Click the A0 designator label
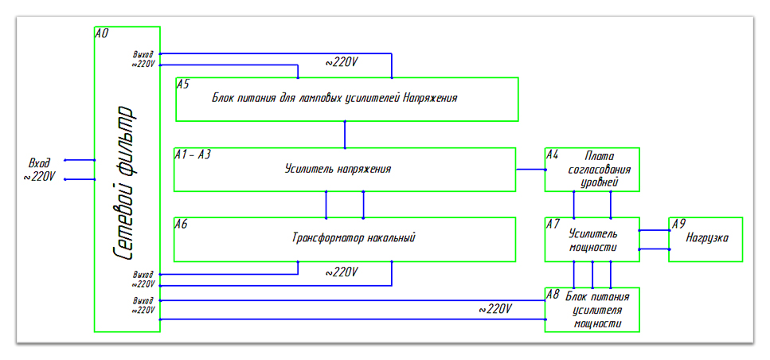click(101, 33)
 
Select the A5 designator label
click(183, 84)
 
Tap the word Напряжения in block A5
click(430, 98)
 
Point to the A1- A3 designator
click(193, 155)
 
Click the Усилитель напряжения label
click(338, 169)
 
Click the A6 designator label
click(182, 225)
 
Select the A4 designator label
click(552, 155)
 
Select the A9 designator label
click(678, 225)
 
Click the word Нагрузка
click(708, 237)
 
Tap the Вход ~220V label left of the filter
click(40, 168)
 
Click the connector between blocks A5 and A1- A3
click(345, 135)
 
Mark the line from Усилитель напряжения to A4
click(530, 169)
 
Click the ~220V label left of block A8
click(495, 309)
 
